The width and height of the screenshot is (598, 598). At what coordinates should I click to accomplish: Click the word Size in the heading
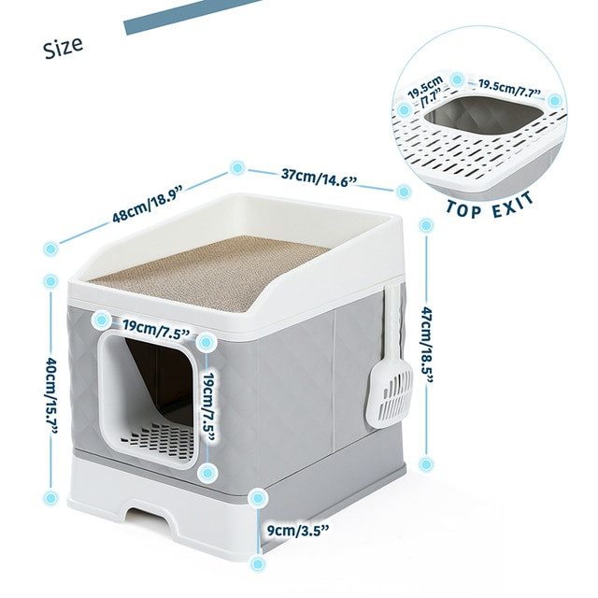coord(62,45)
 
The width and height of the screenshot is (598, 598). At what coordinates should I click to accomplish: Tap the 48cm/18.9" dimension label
coord(148,203)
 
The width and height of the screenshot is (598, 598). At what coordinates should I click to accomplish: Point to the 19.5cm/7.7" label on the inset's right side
coord(510,87)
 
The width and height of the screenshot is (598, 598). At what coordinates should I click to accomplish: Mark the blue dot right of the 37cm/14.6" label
coord(403,192)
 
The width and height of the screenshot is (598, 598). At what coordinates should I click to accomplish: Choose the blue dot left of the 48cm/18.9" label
coord(50,249)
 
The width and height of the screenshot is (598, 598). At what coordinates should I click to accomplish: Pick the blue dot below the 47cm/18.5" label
coord(425,463)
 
